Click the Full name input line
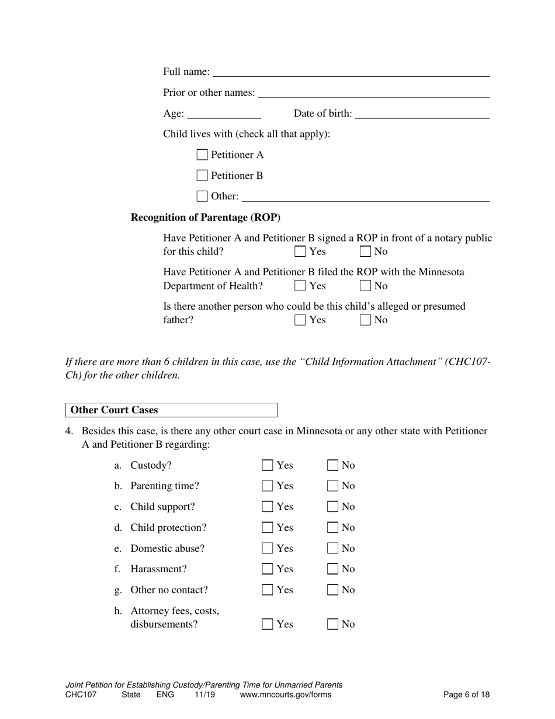351,72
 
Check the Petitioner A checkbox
202,155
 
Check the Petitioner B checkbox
202,175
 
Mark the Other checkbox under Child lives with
202,196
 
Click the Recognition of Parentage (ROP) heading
206,217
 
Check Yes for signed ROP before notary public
300,252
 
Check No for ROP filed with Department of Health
366,286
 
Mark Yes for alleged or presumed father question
300,320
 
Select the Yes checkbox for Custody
268,465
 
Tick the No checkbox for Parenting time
332,486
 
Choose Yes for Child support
268,507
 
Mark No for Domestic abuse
332,548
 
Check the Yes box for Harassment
268,569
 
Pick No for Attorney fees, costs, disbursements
332,624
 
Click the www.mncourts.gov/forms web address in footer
285,695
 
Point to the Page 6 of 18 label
466,695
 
